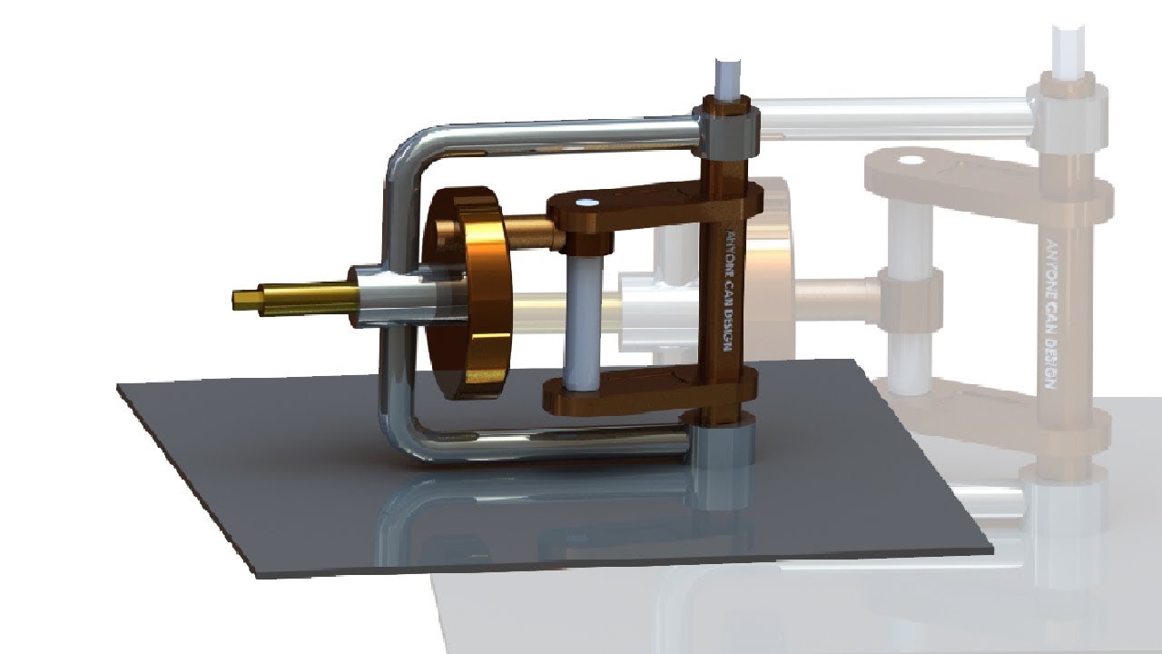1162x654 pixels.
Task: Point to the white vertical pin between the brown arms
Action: [578, 318]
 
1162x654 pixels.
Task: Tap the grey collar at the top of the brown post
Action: [726, 132]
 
